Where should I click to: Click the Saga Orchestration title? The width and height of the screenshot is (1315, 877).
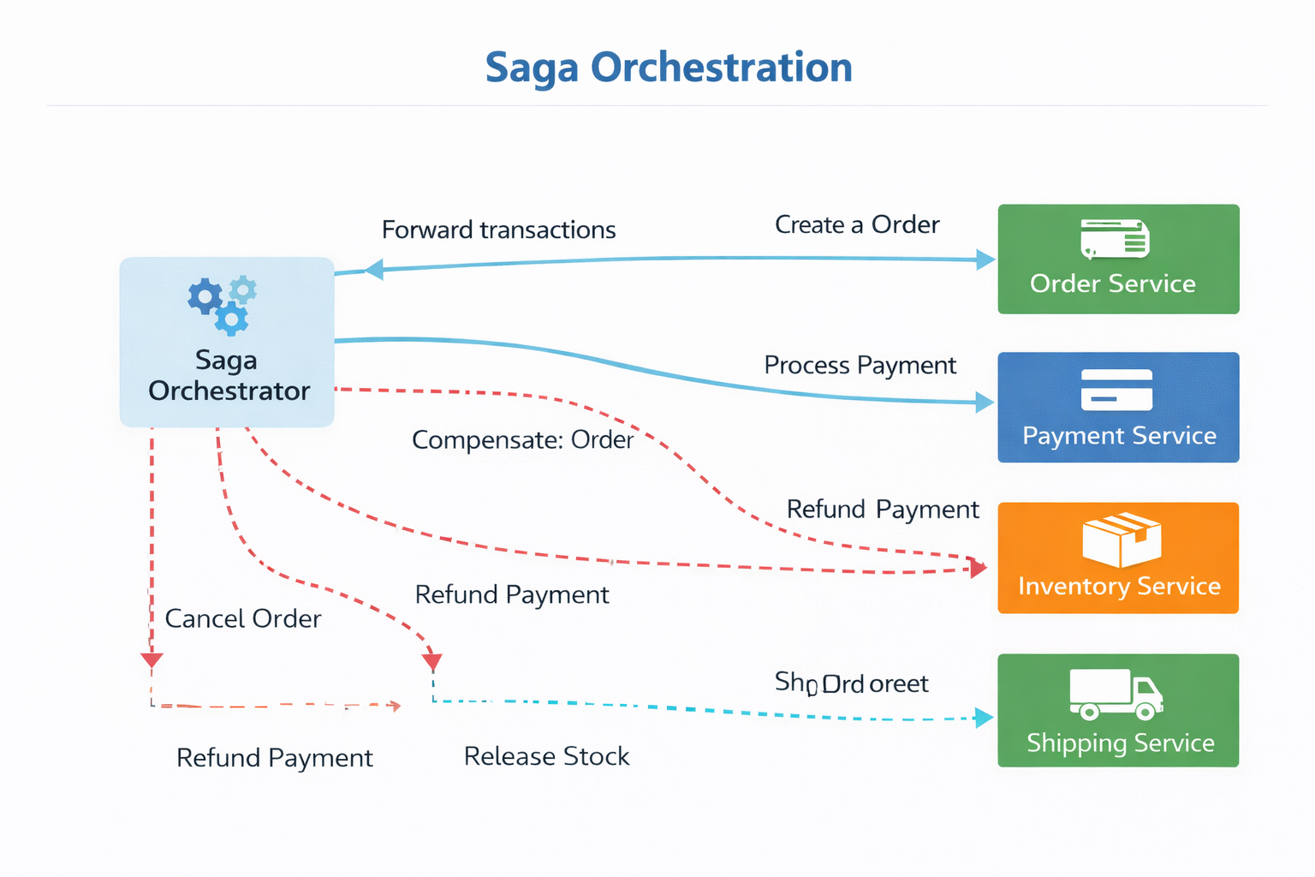tap(669, 68)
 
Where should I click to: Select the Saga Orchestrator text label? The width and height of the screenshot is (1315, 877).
tap(228, 375)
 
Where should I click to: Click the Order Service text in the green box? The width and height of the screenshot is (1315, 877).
tap(1112, 283)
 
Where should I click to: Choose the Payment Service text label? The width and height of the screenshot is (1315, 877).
tap(1119, 436)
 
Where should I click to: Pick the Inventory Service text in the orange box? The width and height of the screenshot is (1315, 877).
tap(1119, 587)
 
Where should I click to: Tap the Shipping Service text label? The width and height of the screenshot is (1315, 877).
tap(1120, 743)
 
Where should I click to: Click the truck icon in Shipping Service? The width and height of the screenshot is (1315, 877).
tap(1116, 694)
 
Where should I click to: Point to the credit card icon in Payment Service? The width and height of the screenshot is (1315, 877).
tap(1116, 390)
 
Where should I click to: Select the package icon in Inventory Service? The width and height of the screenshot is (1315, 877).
tap(1122, 540)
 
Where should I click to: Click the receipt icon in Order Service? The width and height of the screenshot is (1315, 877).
tap(1115, 239)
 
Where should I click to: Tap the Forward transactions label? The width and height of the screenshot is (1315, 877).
tap(498, 230)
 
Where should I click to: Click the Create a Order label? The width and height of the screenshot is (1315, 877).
tap(857, 225)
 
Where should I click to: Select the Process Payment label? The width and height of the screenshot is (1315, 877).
tap(860, 366)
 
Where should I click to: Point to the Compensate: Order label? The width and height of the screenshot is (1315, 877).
tap(522, 440)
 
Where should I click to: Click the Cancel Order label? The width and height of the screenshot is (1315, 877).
tap(242, 619)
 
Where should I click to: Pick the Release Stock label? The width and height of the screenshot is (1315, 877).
tap(546, 757)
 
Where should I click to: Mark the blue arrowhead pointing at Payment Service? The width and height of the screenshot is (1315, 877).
tap(985, 402)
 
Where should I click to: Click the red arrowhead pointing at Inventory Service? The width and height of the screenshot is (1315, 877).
tap(978, 567)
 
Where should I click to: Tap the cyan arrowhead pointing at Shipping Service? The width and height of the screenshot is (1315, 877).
tap(985, 718)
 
